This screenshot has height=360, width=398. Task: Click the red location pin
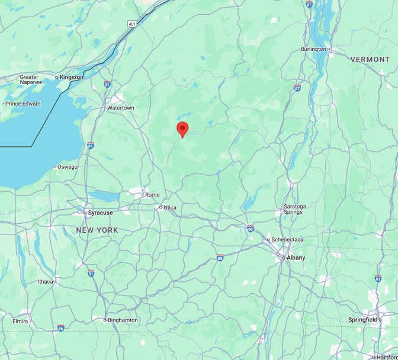(x=182, y=128)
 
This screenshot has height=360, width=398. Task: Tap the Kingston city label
(x=72, y=77)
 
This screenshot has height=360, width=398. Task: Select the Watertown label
(x=121, y=108)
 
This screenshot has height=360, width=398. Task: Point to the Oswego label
(x=68, y=166)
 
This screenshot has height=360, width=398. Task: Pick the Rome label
(x=152, y=194)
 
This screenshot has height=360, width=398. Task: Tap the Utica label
(x=170, y=207)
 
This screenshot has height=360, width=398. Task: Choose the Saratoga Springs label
(x=294, y=209)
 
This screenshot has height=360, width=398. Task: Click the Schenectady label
(x=287, y=239)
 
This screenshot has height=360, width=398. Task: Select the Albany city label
(x=296, y=258)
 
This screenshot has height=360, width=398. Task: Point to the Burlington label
(x=313, y=49)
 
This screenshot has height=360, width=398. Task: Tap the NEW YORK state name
(x=97, y=230)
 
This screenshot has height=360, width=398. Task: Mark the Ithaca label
(x=46, y=281)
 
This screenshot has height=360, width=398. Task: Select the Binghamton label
(x=123, y=320)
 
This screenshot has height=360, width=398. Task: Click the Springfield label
(x=362, y=320)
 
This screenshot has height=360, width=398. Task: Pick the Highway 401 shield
(x=131, y=24)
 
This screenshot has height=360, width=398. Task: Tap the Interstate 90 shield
(x=250, y=227)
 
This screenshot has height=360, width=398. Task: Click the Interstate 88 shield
(x=220, y=258)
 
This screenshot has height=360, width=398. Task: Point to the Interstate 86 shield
(x=61, y=327)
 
